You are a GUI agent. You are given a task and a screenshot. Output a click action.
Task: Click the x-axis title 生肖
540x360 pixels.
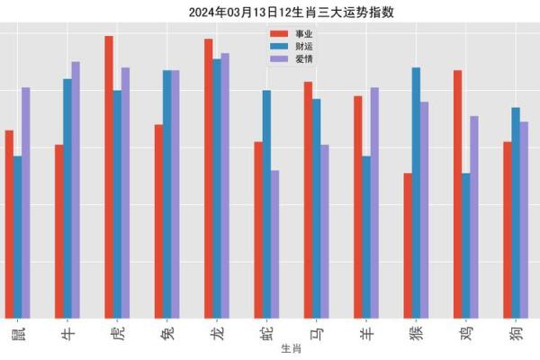(291, 348)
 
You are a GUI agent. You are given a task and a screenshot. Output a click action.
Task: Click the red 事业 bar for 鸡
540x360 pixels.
(457, 193)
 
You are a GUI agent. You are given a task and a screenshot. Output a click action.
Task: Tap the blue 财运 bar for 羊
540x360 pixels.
(366, 236)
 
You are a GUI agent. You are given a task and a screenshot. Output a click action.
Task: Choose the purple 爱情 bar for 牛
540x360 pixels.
(76, 189)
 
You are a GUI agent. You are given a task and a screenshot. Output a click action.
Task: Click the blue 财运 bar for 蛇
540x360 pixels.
(266, 202)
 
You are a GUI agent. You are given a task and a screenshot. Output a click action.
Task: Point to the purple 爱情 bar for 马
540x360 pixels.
(325, 230)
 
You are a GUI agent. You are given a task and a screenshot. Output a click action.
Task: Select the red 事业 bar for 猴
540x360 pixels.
(408, 244)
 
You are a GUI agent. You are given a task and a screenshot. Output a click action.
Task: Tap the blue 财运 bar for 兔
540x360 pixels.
(167, 193)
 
